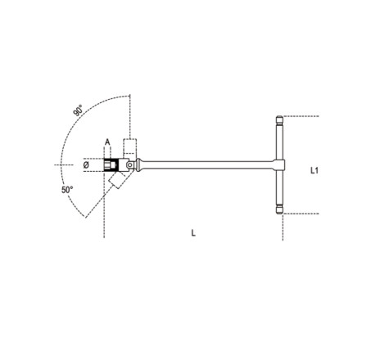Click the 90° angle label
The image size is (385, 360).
(78, 110)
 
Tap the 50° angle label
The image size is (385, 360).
(67, 190)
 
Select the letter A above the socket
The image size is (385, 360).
(107, 142)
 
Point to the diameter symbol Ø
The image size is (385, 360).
(86, 164)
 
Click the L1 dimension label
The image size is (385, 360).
(315, 170)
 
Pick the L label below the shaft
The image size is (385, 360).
(193, 233)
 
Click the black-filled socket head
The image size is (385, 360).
(111, 165)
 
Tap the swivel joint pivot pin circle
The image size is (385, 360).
(129, 164)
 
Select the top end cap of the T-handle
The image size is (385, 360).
(279, 119)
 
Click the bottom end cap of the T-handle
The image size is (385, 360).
(279, 209)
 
